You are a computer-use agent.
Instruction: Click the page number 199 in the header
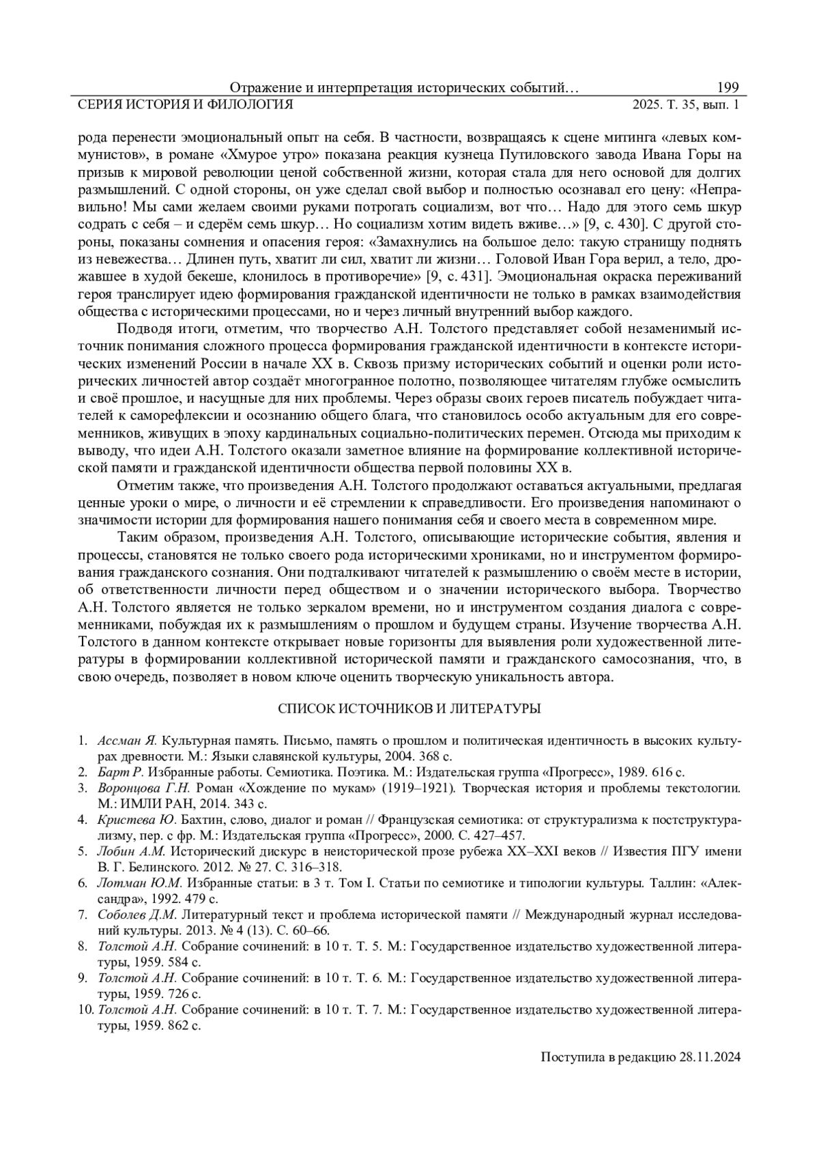point(728,88)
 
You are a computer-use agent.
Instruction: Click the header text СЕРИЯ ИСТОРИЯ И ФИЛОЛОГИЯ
point(186,104)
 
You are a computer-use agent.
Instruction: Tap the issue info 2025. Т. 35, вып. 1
point(686,104)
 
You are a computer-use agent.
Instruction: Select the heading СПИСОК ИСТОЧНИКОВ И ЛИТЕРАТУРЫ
point(409,709)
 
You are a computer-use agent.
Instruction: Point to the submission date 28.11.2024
point(710,1057)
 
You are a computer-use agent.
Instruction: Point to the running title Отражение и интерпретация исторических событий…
point(404,88)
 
